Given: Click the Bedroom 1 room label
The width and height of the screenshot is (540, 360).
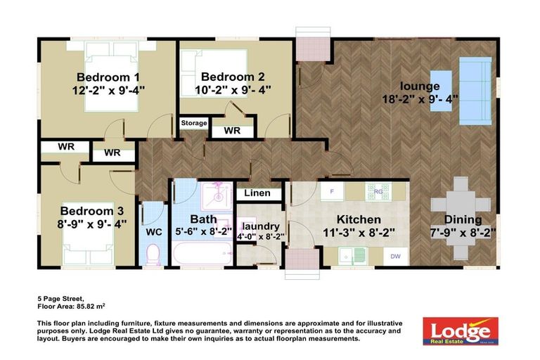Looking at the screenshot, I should tap(108, 77).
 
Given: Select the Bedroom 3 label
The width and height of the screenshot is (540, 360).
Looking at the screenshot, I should tap(91, 211).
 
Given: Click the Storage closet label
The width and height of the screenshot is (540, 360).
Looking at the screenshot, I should tap(194, 123).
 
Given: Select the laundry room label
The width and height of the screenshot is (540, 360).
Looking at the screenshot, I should tap(261, 226).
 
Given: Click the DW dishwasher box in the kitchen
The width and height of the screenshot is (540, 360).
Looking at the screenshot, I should tap(396, 257).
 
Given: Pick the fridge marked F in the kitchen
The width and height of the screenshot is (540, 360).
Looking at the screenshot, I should tap(332, 191).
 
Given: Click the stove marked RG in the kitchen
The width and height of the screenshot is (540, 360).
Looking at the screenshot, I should tap(378, 191).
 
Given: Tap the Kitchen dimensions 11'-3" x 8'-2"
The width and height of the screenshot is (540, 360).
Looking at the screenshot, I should tap(358, 233).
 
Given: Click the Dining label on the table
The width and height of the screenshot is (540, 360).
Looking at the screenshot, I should tap(463, 219).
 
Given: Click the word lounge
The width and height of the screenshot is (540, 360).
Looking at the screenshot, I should tap(421, 86).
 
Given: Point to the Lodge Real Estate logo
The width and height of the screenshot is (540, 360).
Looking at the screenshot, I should tap(460, 330).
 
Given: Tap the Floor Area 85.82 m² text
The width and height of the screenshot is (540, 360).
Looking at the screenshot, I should tap(71, 307).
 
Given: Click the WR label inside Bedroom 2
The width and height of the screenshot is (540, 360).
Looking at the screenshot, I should tap(231, 130).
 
